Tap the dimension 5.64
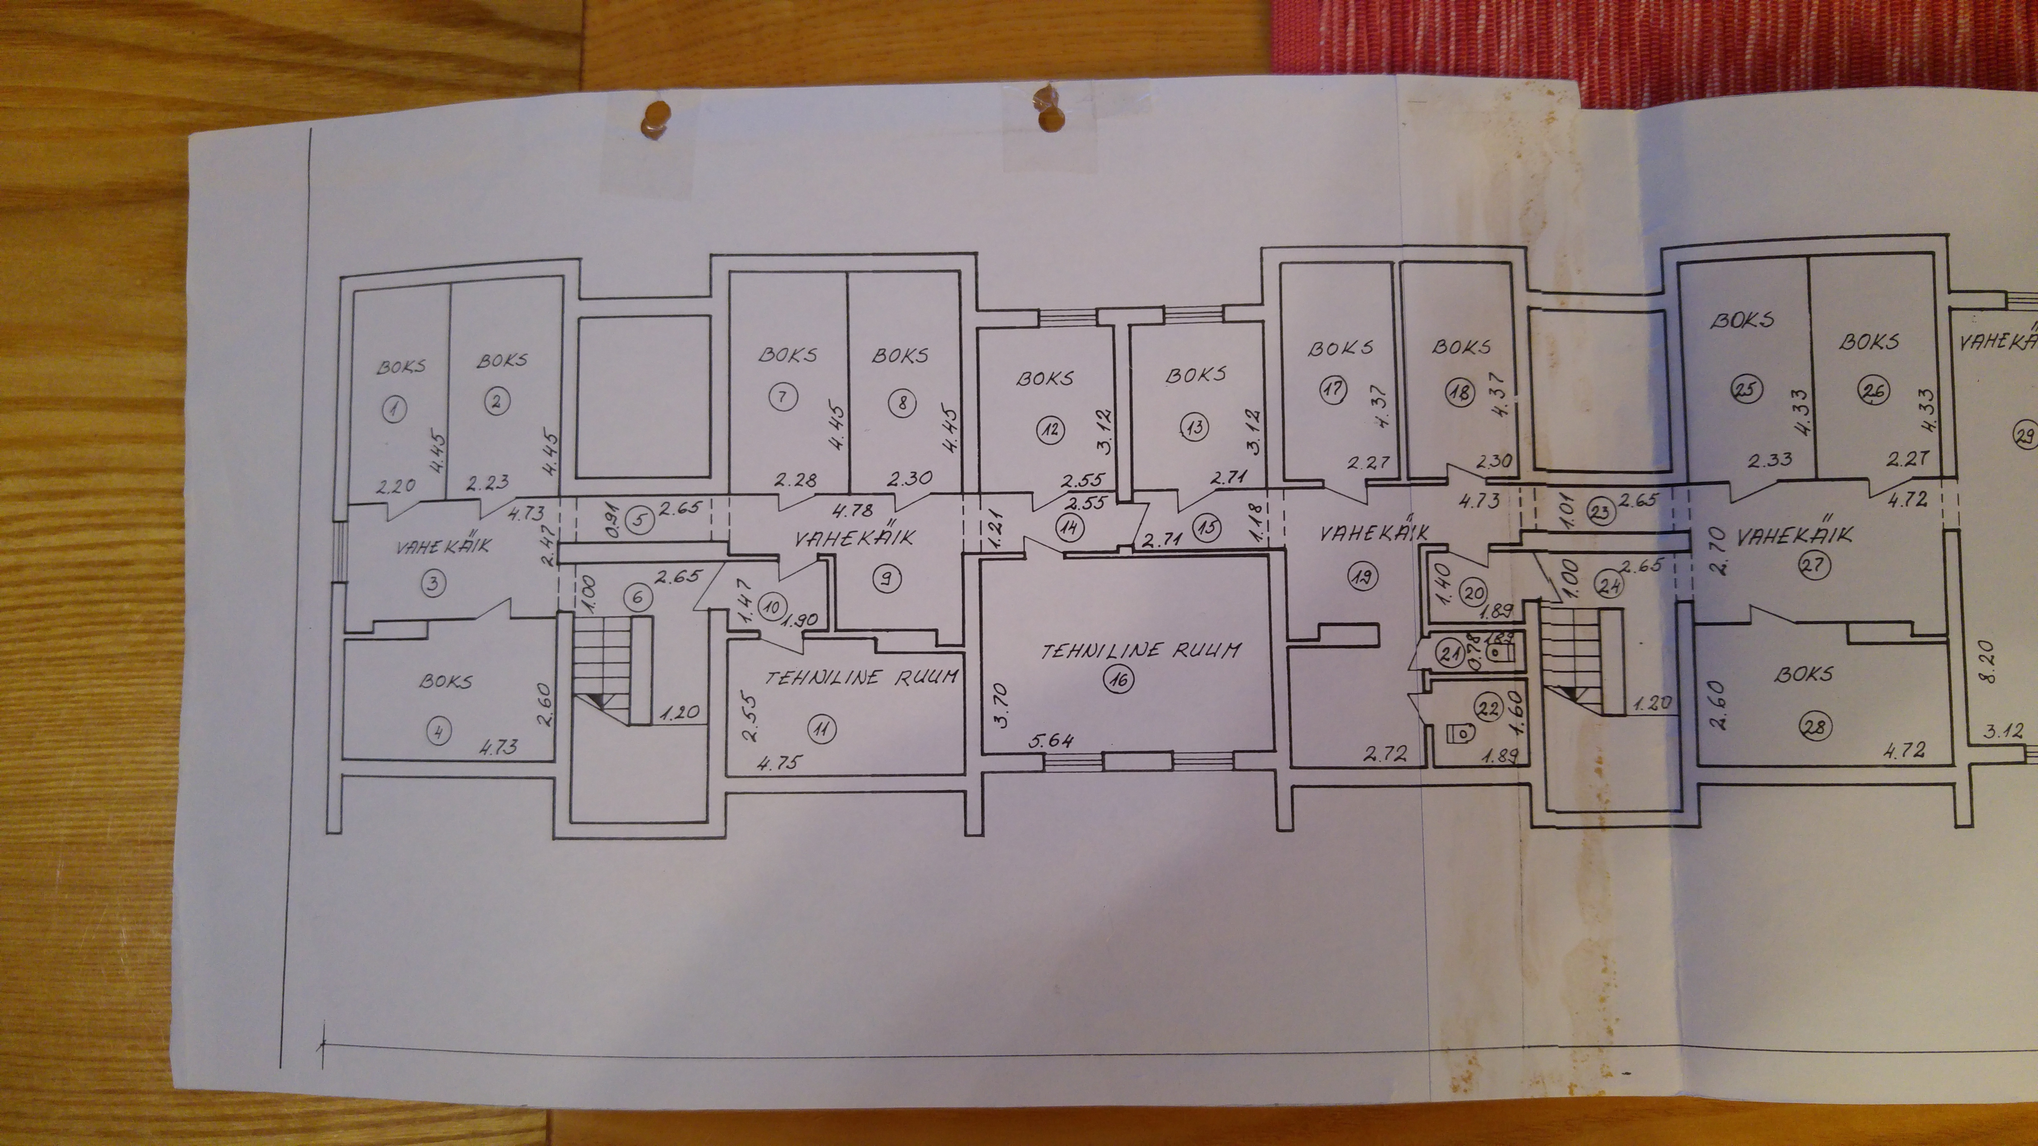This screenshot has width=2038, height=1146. pyautogui.click(x=1052, y=742)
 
